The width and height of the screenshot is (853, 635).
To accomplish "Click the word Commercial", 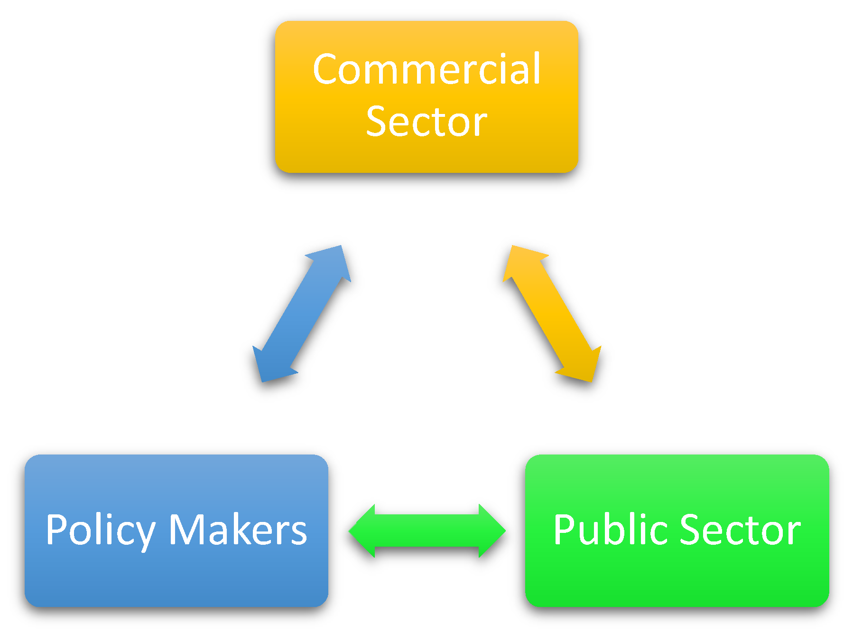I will [x=426, y=69].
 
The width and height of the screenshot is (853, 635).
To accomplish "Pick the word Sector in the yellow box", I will [x=426, y=122].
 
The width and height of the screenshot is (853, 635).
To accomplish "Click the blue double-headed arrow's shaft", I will [x=302, y=314].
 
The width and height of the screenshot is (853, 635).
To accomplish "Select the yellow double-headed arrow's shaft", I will [x=552, y=314].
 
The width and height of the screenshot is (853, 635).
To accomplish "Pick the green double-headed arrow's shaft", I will [x=427, y=531].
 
